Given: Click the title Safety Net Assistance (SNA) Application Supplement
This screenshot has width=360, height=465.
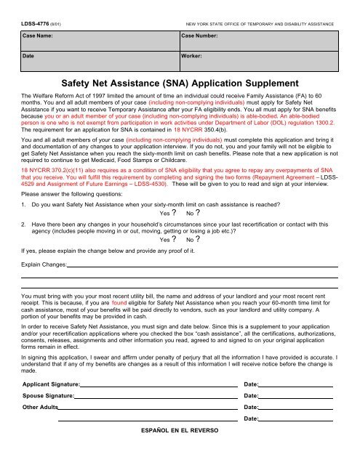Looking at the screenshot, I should click(x=180, y=83).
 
